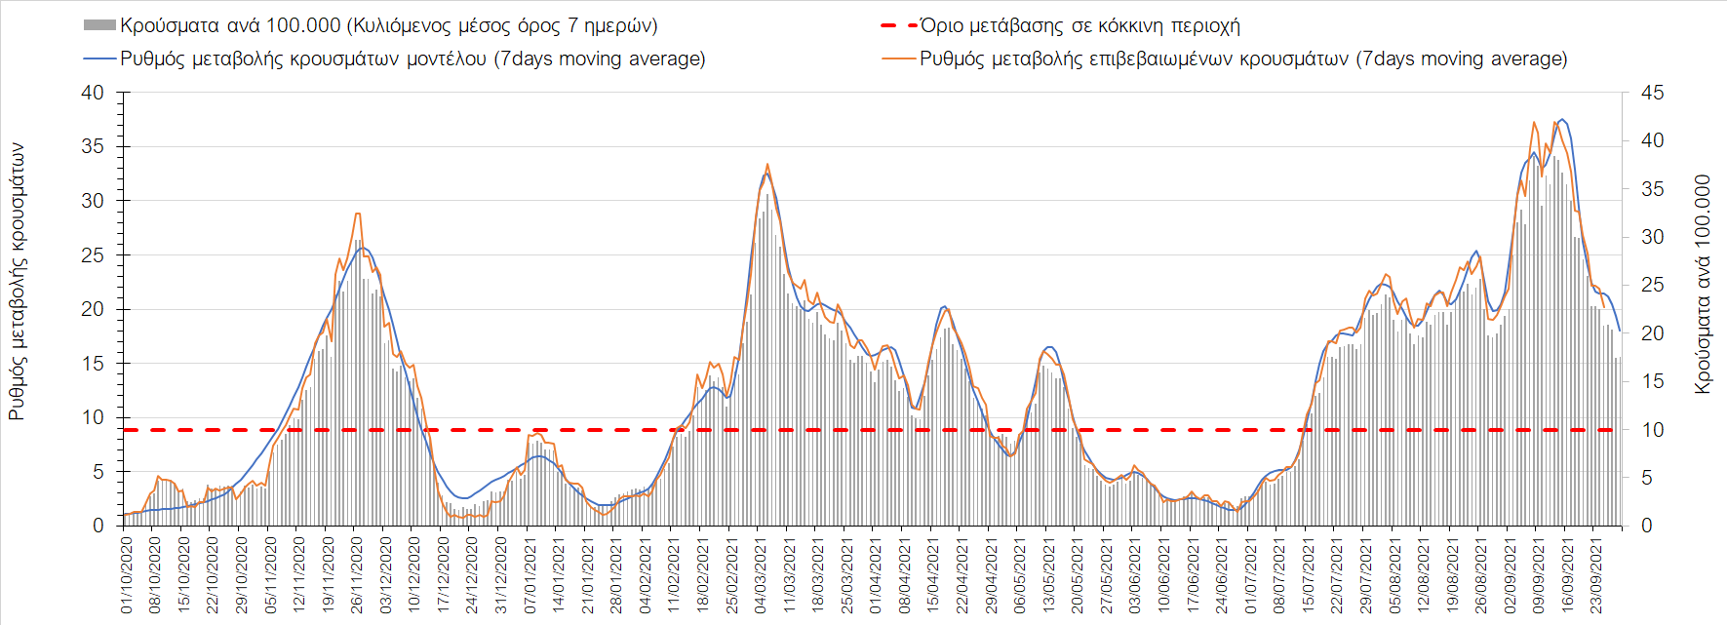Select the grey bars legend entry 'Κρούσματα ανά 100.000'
coord(388,26)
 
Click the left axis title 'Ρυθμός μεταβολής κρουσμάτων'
coord(17,282)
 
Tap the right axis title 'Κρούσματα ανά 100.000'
coord(1703,284)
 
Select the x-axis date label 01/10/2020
coord(127,576)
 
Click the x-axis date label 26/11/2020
coord(357,576)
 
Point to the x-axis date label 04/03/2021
coord(761,576)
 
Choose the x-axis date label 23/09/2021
coord(1597,576)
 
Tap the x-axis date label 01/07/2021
coord(1251,576)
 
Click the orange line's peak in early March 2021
coord(767,164)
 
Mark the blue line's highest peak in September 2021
coord(1562,119)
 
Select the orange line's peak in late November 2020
coord(358,214)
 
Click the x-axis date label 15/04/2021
coord(933,576)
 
